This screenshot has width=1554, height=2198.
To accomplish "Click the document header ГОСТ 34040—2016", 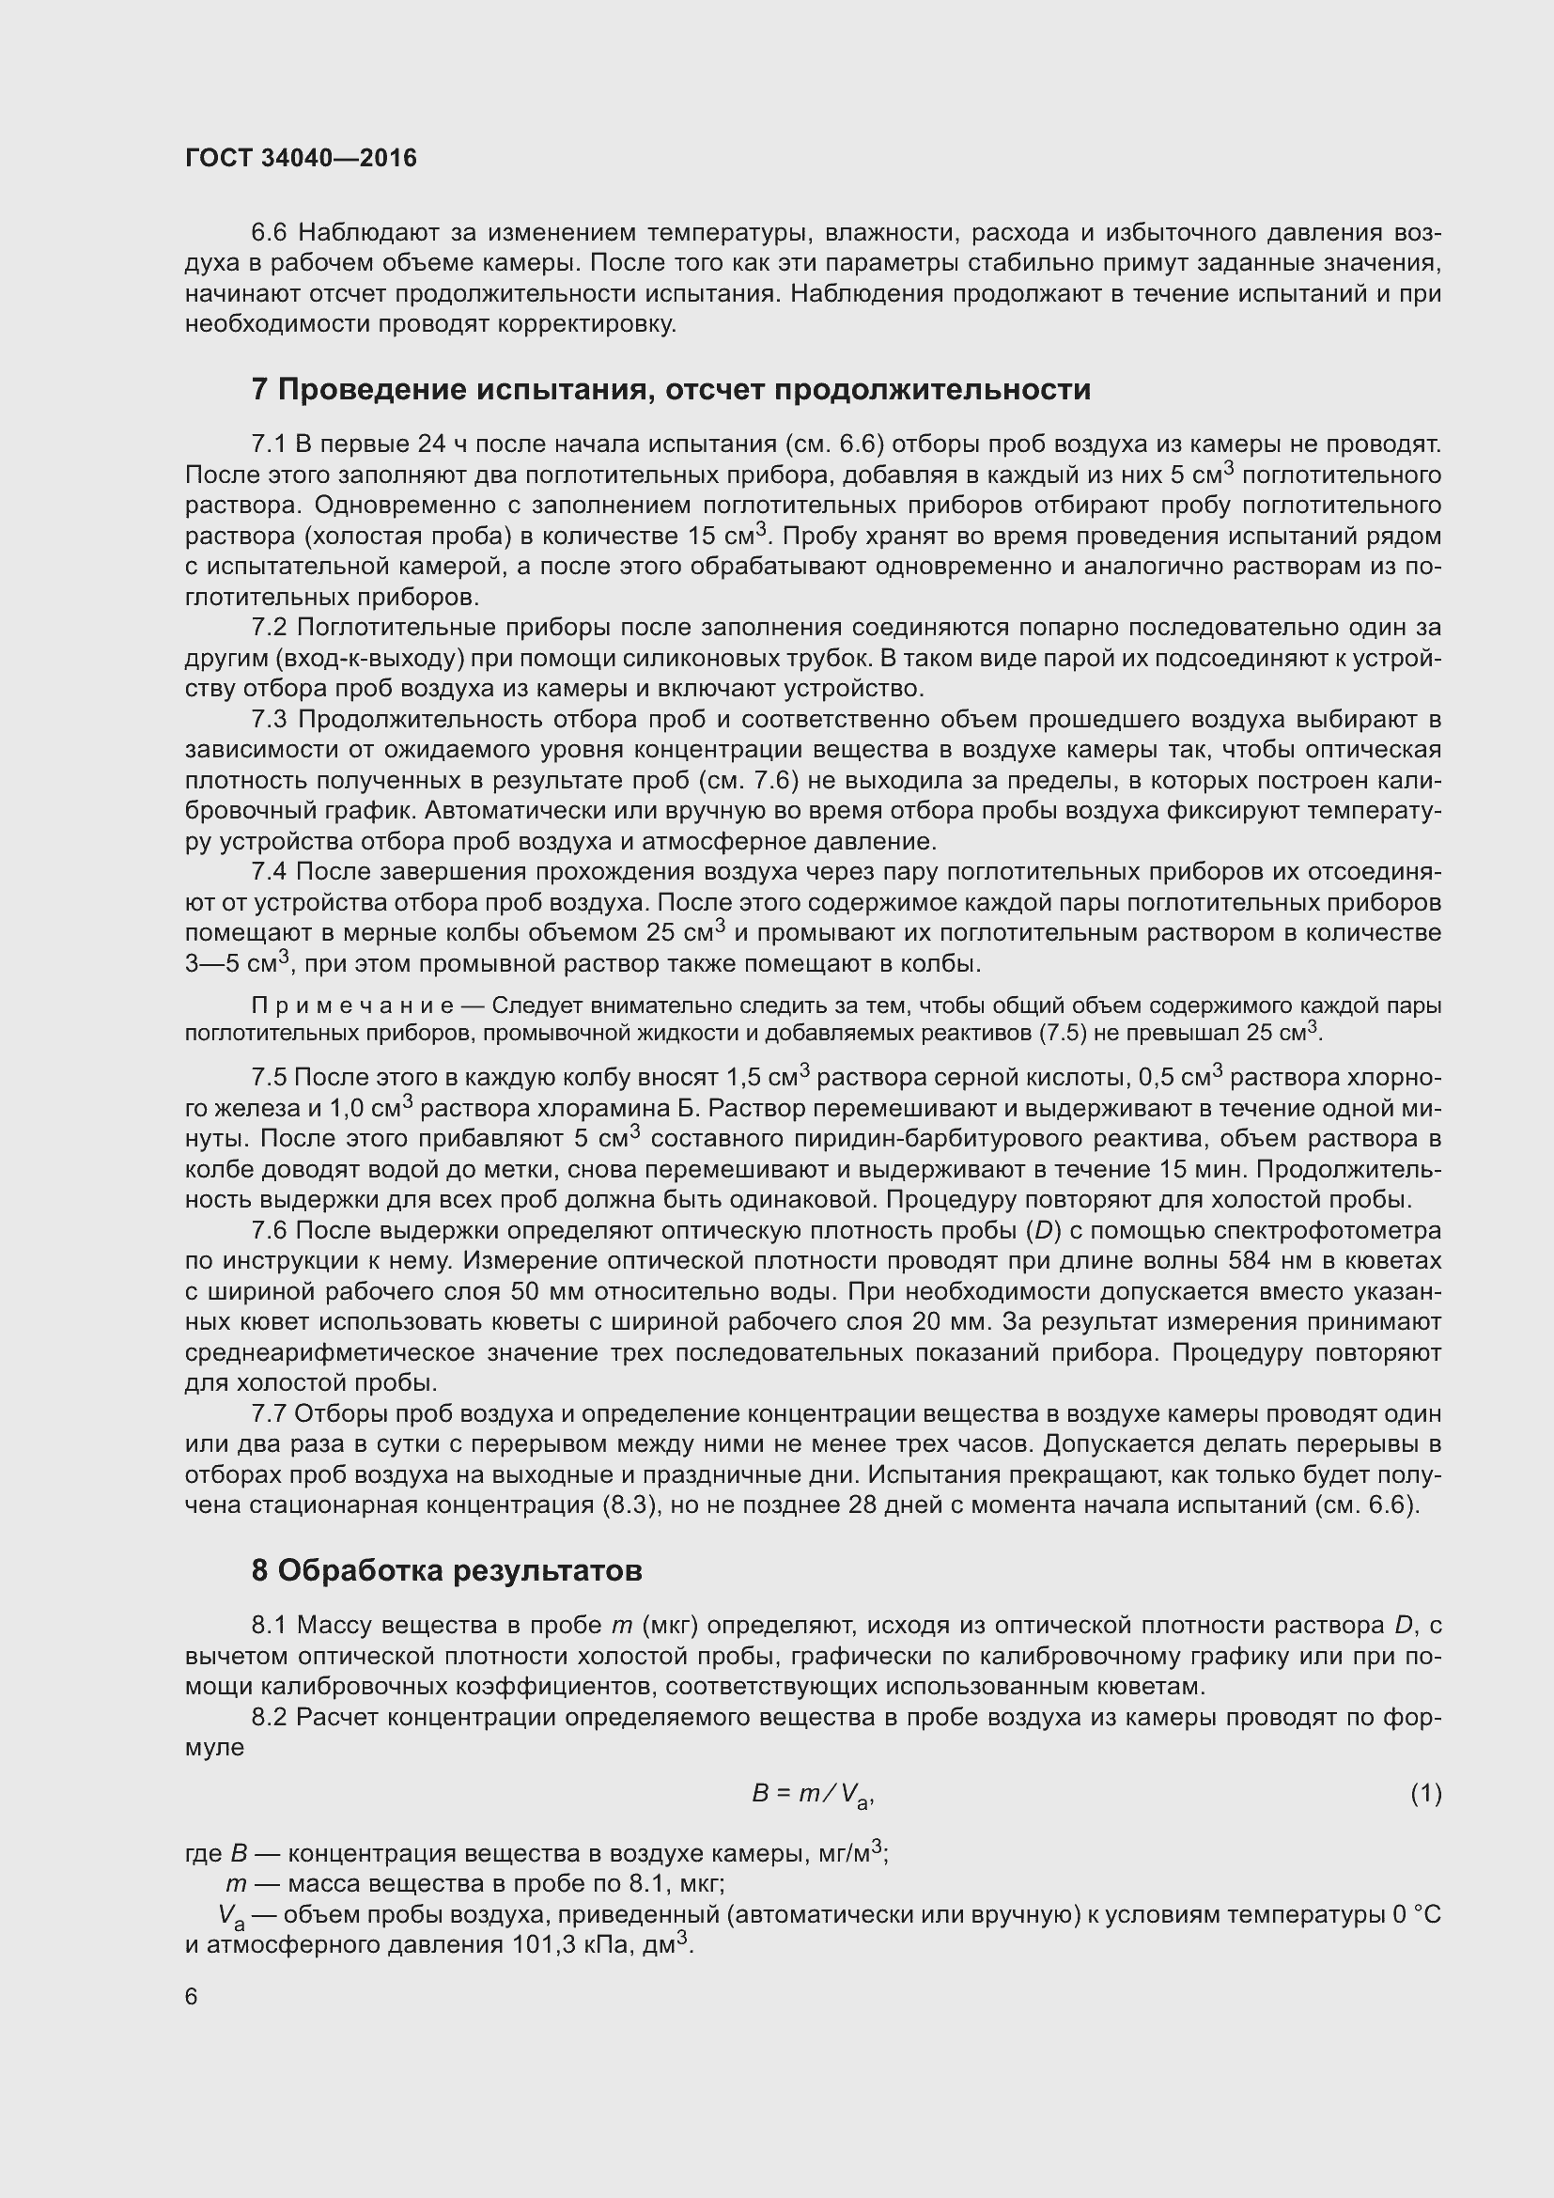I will [301, 158].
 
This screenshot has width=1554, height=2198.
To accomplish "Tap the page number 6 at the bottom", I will [192, 1996].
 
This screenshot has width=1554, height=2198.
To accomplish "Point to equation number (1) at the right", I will [1426, 1793].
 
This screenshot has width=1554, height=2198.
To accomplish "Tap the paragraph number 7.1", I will [269, 444].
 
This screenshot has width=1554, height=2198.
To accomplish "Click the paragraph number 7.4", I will [269, 872].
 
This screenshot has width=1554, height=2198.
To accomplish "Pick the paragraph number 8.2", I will [269, 1718].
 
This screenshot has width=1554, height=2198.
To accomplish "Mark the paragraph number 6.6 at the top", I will [269, 233].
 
